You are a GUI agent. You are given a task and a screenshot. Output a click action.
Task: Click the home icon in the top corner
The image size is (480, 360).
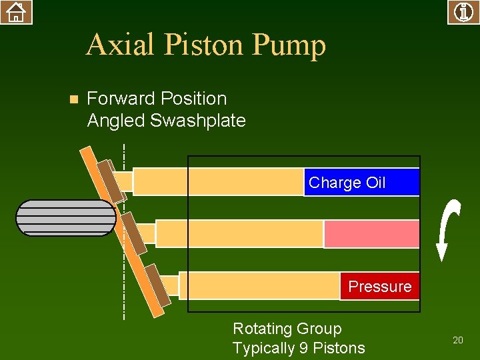(x=16, y=12)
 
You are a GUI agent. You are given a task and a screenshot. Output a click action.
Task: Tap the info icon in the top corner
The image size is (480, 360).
(x=463, y=12)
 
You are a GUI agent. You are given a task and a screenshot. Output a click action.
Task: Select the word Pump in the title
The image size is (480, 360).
(x=289, y=45)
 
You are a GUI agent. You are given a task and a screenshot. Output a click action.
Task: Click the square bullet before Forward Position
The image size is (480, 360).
(x=74, y=99)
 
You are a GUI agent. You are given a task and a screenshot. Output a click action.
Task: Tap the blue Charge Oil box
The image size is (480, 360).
(x=361, y=182)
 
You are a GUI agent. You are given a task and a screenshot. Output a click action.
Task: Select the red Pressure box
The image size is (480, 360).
(x=380, y=287)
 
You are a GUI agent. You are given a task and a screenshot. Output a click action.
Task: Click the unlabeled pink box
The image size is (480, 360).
(x=371, y=234)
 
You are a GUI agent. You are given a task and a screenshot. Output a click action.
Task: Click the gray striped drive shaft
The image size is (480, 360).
(x=65, y=218)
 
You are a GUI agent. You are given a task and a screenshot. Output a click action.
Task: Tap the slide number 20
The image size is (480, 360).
(x=457, y=340)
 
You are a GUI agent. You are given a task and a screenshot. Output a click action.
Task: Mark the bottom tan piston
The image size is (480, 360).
(x=260, y=285)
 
